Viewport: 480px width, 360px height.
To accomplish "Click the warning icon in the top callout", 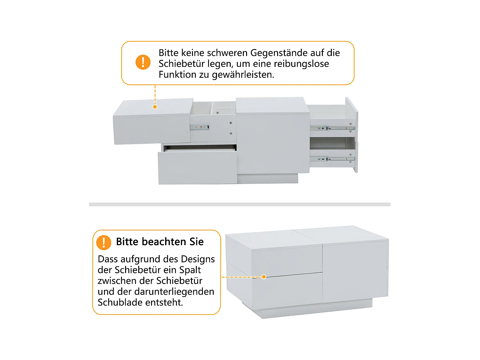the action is point(143,62).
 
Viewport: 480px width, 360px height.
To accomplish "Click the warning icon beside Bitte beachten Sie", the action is point(104,243).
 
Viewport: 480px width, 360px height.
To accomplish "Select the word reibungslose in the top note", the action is point(301,64).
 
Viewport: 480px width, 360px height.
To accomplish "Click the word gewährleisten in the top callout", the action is point(243,75).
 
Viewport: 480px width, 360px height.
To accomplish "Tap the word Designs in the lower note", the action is point(198,260).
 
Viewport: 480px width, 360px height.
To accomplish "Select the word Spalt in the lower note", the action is point(190,270).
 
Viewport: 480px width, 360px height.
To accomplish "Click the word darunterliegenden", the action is point(174,292).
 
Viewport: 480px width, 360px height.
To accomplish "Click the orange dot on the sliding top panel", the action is point(155,107).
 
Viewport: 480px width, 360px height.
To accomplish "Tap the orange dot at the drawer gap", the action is point(264,277).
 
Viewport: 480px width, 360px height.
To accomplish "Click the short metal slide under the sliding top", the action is point(200,127).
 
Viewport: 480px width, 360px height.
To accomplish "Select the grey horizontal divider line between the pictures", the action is point(240,204).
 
